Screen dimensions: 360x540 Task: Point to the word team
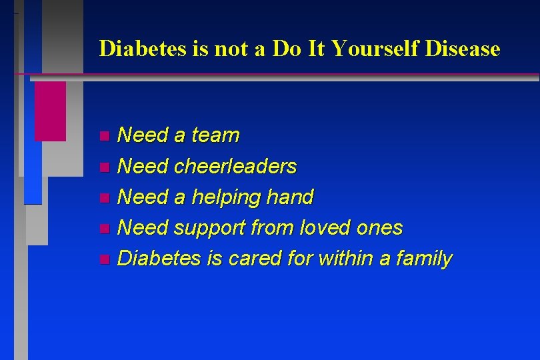(x=215, y=136)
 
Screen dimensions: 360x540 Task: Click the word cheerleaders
(x=235, y=167)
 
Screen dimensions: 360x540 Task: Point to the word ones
(x=379, y=228)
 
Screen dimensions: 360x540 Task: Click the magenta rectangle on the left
(x=50, y=111)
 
